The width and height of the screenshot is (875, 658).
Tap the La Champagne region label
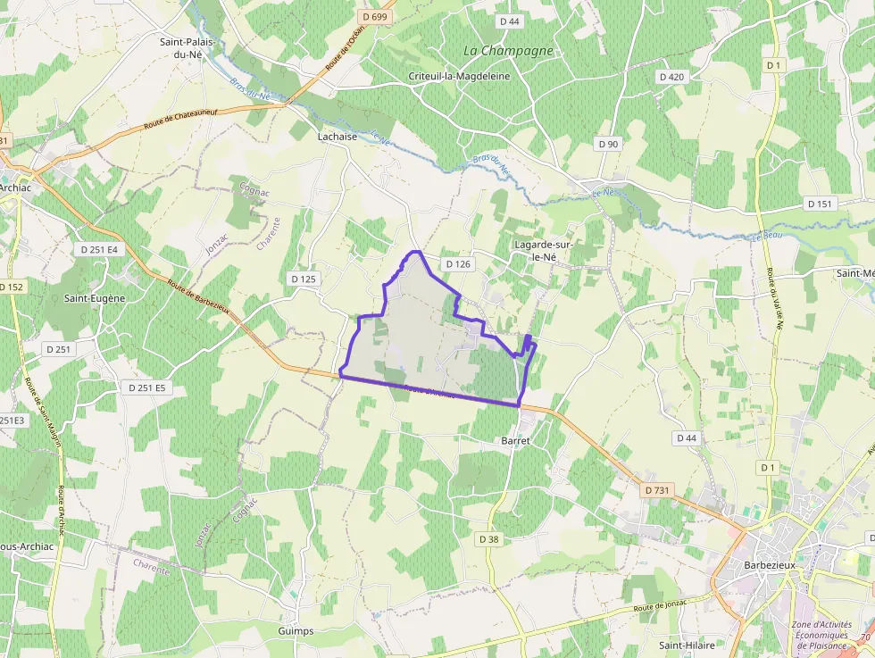point(509,51)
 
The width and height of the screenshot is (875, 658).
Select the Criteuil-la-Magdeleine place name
point(459,76)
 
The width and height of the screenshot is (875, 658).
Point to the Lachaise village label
point(337,137)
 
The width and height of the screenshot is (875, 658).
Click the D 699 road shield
point(376,16)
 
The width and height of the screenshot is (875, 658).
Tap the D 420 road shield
point(671,77)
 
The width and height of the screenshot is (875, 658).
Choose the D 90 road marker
point(608,144)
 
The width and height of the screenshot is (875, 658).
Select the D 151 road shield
point(820,204)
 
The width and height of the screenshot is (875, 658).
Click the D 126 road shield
point(457,264)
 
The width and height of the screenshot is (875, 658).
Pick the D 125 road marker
point(304,279)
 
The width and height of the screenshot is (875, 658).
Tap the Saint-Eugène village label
point(95,298)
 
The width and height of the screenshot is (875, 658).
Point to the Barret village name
point(515,441)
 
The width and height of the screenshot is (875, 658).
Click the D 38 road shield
point(488,539)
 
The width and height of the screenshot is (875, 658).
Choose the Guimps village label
point(296,631)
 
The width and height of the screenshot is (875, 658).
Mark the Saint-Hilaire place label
point(687,645)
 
